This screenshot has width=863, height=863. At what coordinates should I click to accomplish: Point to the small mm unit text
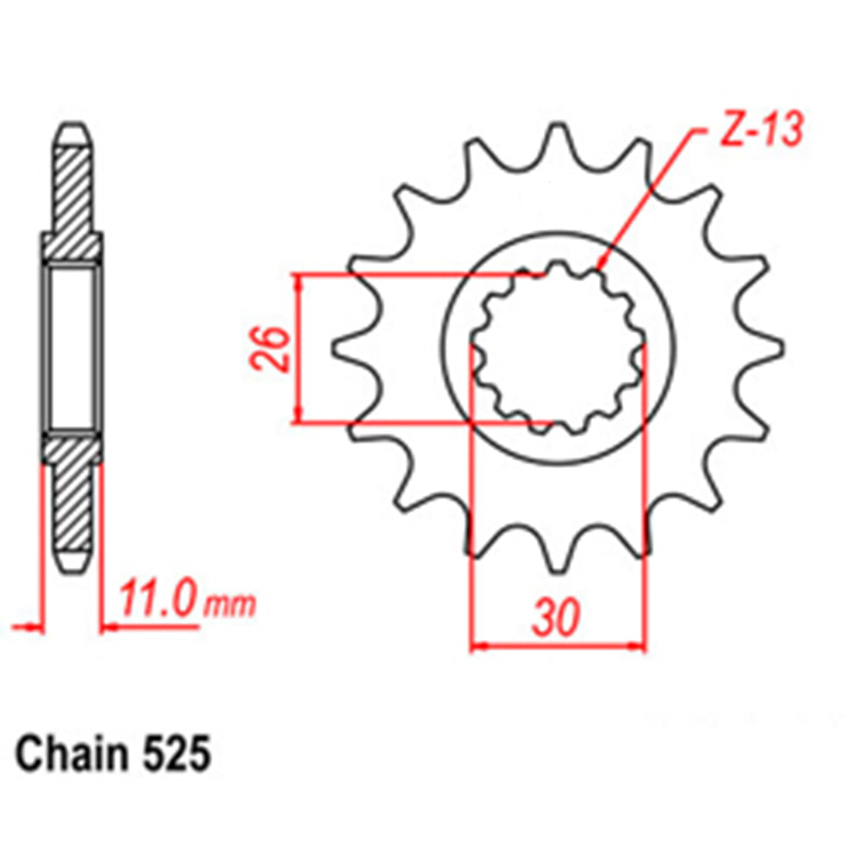pos(230,605)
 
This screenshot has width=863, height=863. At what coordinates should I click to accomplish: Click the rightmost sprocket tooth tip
pos(782,350)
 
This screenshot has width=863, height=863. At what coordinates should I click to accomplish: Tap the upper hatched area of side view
pos(72,194)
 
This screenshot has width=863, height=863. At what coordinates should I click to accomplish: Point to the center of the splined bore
pos(558,350)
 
